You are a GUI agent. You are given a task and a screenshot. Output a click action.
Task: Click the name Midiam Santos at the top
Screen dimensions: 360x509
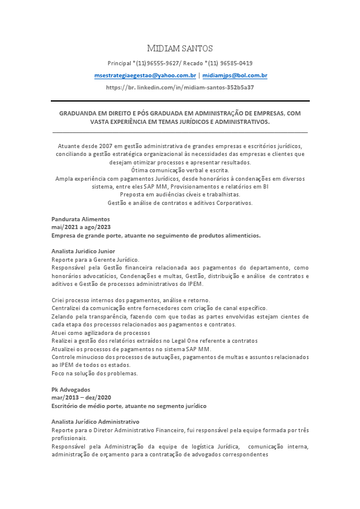[x=180, y=48]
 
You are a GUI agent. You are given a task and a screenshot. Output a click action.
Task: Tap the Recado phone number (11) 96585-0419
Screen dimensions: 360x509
[x=229, y=63]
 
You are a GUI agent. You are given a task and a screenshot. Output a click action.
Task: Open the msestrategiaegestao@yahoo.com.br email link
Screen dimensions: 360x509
[x=145, y=76]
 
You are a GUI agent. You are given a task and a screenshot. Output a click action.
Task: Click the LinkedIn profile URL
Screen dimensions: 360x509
[x=180, y=88]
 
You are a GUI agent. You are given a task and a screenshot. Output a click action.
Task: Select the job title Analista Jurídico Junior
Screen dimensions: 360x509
[x=83, y=251]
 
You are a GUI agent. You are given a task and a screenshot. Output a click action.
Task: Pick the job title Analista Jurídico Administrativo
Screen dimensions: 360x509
[x=96, y=421]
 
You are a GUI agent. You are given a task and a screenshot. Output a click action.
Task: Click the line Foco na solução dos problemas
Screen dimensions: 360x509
[x=94, y=373]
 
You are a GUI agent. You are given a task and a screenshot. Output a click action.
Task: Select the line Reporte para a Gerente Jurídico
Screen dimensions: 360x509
[x=95, y=259]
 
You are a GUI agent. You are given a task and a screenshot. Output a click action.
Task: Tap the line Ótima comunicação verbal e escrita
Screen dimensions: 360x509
[x=180, y=170]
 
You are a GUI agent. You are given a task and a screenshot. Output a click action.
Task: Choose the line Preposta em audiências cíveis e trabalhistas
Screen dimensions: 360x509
[x=180, y=195]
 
